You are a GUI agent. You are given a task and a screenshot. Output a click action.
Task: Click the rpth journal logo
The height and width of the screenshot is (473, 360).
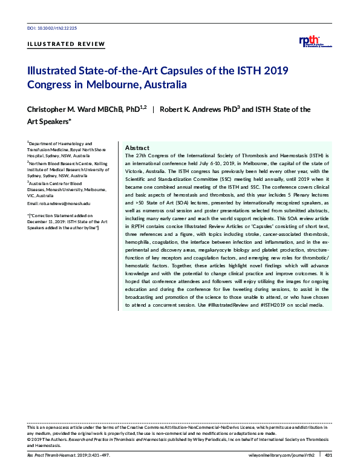(315, 42)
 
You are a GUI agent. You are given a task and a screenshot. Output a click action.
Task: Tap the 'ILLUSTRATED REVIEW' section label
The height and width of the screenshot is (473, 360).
(66, 44)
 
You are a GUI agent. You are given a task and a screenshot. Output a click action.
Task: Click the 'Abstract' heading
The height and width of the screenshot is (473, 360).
(137, 148)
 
